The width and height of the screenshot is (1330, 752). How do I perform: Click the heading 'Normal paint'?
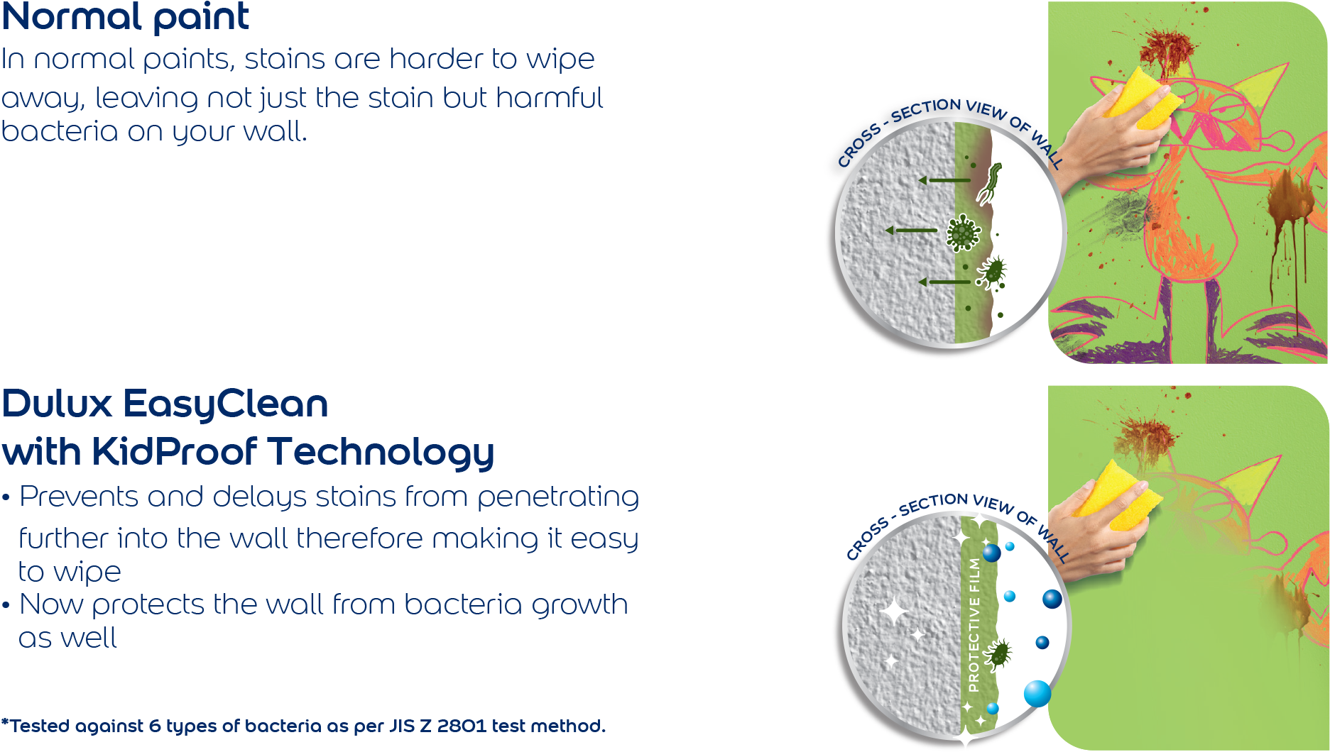tap(126, 17)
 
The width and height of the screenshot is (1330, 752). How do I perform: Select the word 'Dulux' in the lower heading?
tap(57, 404)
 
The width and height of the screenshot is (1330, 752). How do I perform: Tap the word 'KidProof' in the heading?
tap(174, 452)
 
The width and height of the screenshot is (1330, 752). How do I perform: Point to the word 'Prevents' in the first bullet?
tap(78, 497)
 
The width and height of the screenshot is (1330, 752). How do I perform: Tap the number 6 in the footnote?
tap(155, 726)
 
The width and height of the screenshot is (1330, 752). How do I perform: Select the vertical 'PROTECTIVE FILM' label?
tap(974, 625)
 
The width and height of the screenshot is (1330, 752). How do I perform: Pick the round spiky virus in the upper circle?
tap(963, 232)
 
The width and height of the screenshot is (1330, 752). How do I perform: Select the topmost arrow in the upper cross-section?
tap(944, 180)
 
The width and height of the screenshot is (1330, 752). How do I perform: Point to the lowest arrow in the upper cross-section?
tap(944, 282)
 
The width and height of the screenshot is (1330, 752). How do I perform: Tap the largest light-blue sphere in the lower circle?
tap(1037, 693)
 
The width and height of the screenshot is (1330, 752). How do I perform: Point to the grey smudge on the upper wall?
tap(1125, 209)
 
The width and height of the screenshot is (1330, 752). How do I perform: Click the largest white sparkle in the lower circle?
tap(893, 611)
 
